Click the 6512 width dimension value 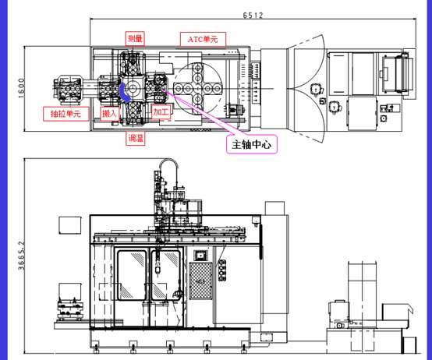[x=253, y=15]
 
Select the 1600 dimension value [x=21, y=88]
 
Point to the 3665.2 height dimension [x=21, y=256]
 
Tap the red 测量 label [x=135, y=38]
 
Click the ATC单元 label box [x=203, y=40]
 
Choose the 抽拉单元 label [x=66, y=114]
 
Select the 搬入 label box [x=109, y=114]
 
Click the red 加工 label [x=161, y=112]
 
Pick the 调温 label [x=135, y=138]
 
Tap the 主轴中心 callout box [x=252, y=144]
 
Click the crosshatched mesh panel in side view [x=201, y=281]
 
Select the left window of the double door [x=132, y=275]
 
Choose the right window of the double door [x=166, y=275]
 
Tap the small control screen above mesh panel [x=200, y=256]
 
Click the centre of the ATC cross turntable [x=197, y=89]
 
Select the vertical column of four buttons [x=222, y=270]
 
